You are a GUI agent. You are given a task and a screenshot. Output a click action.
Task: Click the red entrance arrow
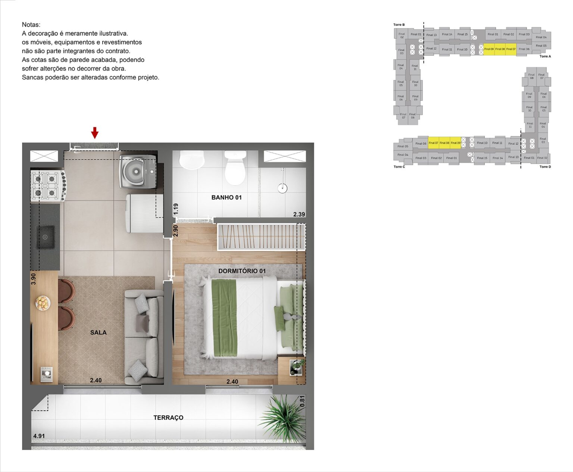coord(95,132)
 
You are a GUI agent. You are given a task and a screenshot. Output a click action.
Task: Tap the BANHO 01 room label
coord(226,197)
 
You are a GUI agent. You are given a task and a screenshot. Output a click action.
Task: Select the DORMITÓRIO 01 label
coord(242,271)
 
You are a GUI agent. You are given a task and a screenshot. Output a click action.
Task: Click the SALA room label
coord(98,332)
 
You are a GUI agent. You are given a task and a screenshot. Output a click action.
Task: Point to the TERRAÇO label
coord(168,418)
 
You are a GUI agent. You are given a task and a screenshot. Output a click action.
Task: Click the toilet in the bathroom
coord(235,168)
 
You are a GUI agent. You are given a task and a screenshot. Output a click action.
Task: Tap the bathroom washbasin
coord(192,160)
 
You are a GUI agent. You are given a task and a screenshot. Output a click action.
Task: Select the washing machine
coord(138,172)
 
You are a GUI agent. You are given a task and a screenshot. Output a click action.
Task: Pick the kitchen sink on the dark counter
coord(46,237)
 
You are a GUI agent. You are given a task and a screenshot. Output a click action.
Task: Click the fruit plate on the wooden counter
coord(43,303)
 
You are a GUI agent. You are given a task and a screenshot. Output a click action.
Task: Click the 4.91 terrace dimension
coord(39,436)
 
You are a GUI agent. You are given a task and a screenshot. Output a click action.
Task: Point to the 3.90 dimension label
coord(33,279)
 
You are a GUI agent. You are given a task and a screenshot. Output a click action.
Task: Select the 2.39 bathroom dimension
coord(299,214)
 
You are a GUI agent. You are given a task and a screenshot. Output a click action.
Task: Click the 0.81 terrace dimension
coord(303,401)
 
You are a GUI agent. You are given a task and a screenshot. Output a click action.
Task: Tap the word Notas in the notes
coord(31,25)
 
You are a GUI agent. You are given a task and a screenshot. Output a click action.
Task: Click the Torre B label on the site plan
coord(399,25)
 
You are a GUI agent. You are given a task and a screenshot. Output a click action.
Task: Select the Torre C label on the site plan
coord(399,167)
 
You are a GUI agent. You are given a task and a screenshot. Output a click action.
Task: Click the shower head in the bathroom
coord(284,188)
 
